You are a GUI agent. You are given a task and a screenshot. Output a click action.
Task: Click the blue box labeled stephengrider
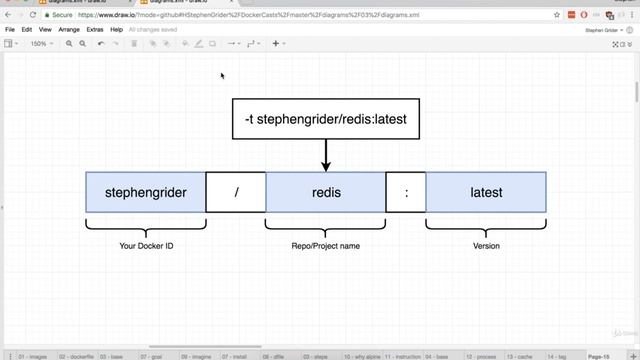click(x=146, y=192)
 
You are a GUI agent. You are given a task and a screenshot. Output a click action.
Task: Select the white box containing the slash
click(x=236, y=192)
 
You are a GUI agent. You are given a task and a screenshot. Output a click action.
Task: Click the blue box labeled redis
click(x=326, y=192)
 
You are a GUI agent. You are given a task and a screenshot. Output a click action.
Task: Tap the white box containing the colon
click(x=406, y=192)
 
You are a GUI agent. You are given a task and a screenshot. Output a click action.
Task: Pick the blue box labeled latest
click(x=486, y=192)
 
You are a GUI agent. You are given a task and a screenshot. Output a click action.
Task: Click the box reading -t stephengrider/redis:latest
click(x=325, y=119)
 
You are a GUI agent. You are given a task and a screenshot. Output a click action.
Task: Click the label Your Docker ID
click(x=146, y=245)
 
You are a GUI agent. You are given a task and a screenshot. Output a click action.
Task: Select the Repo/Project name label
click(x=326, y=245)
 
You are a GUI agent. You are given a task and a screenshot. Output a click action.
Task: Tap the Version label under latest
click(x=486, y=245)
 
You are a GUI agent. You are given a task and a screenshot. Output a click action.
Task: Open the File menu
click(x=10, y=30)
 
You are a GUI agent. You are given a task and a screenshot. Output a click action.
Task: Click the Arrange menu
click(x=69, y=30)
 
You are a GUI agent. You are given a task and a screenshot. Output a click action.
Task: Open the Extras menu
click(x=95, y=30)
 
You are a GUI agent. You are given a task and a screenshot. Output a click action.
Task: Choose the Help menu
click(x=117, y=30)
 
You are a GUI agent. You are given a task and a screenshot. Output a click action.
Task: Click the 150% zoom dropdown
click(x=41, y=44)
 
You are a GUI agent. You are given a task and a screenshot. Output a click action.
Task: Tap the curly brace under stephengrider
click(x=146, y=227)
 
